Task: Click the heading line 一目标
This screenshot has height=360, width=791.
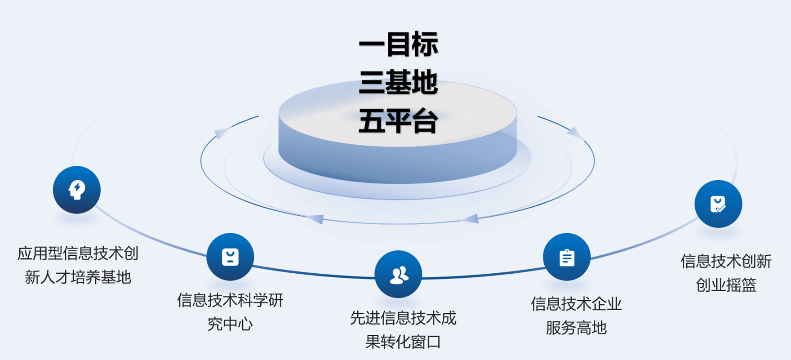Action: tap(398, 44)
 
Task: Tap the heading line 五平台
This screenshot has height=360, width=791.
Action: tap(398, 121)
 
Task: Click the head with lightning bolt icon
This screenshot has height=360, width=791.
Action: tap(77, 190)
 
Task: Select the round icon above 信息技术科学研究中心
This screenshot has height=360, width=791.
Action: tap(230, 257)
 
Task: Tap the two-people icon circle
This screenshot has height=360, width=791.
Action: tap(398, 275)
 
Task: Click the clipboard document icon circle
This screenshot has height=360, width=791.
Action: tap(566, 257)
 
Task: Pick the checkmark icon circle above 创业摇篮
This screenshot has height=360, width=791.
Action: tap(718, 204)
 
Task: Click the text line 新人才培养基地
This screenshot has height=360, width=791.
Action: tap(78, 277)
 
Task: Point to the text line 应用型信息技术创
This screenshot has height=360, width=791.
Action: tap(78, 253)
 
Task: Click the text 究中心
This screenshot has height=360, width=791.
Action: tap(230, 324)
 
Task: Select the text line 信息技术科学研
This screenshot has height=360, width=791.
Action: tap(230, 300)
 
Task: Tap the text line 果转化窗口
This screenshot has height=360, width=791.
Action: tap(403, 342)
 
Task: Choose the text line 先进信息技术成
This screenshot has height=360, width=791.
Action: tap(403, 318)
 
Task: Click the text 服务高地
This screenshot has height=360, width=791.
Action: tap(576, 328)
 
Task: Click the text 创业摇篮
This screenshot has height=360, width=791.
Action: tap(726, 284)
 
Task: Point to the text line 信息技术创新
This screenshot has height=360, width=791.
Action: tap(726, 261)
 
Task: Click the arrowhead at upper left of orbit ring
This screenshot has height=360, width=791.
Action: tap(221, 133)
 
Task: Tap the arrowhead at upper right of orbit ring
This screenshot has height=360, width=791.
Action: tap(575, 133)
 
